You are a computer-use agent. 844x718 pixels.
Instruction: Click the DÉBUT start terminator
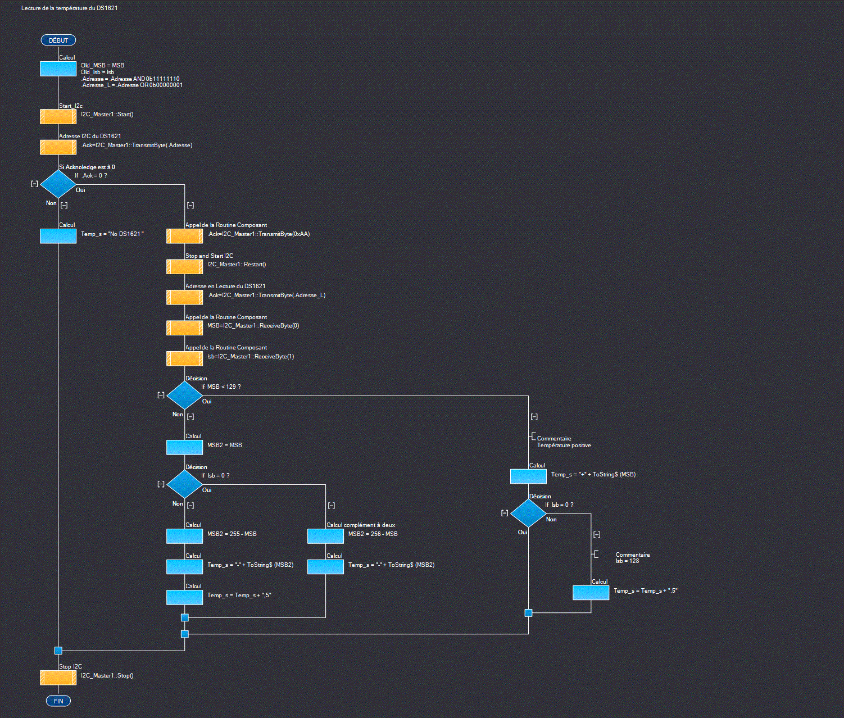(x=58, y=40)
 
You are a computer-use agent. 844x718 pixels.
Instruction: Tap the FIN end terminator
(x=58, y=701)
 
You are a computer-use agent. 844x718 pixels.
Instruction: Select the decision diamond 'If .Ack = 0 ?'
(x=58, y=184)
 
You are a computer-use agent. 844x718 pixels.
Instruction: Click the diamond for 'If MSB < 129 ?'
(x=184, y=395)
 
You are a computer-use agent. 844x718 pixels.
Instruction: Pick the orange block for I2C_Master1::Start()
(x=58, y=116)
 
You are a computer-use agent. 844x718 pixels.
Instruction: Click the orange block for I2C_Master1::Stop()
(x=58, y=678)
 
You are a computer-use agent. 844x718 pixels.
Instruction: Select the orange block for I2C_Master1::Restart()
(x=184, y=266)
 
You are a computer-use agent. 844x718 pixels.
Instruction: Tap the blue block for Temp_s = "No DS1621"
(x=58, y=236)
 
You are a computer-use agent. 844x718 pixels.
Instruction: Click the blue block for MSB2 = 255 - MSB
(x=184, y=536)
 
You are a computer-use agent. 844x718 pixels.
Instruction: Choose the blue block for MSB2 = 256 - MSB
(x=325, y=536)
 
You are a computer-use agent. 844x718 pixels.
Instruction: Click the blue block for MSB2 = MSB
(x=184, y=447)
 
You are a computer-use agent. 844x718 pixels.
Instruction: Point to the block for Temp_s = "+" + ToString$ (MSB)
(x=528, y=476)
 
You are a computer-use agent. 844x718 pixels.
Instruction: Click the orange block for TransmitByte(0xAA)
(x=184, y=236)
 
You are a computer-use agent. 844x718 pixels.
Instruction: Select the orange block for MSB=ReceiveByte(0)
(x=184, y=328)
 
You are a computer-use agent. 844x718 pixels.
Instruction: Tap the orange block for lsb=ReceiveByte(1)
(x=184, y=358)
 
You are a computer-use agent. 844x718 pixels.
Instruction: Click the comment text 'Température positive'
(x=564, y=446)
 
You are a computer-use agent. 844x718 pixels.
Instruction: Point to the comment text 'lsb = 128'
(x=627, y=561)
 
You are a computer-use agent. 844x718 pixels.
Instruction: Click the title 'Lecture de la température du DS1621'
(x=70, y=8)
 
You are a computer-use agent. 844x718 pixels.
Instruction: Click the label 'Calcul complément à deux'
(x=361, y=525)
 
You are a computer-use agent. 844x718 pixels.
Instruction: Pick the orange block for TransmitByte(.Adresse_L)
(x=184, y=297)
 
